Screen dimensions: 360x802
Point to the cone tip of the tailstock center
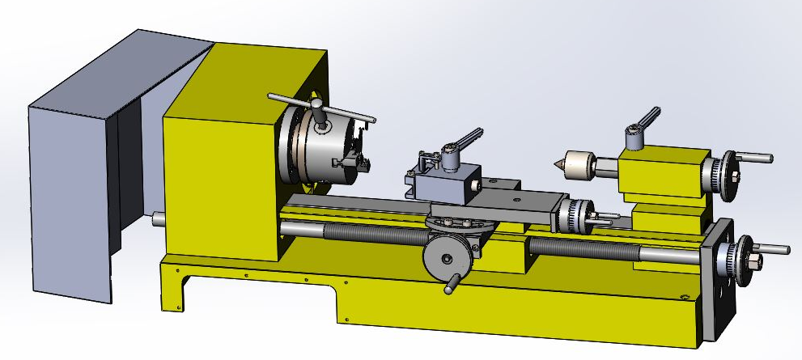pos(558,165)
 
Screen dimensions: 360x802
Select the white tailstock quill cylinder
pos(577,164)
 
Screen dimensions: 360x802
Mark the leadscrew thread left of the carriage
pos(372,235)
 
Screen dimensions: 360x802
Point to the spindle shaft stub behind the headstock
pos(158,218)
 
